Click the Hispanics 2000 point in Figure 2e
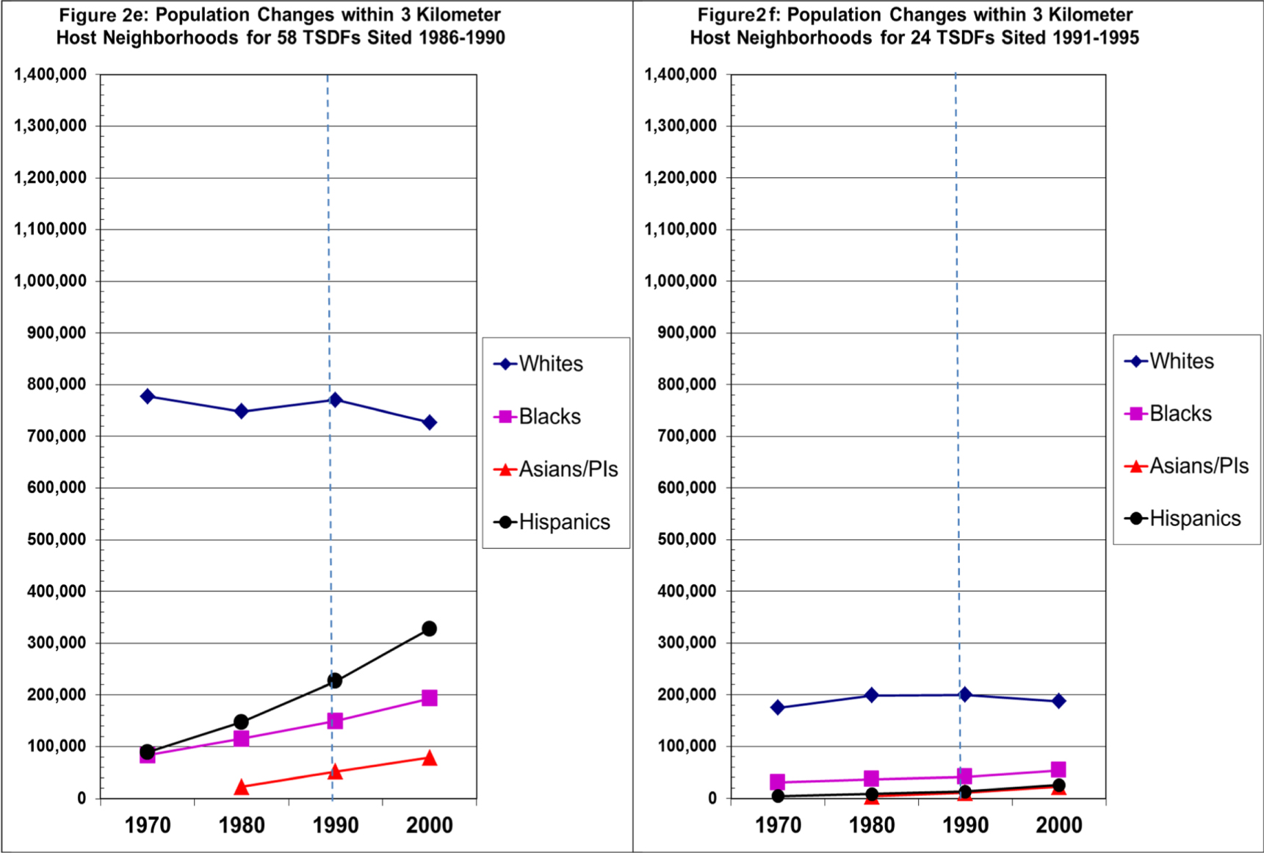click(430, 629)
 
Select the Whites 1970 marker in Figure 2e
click(148, 397)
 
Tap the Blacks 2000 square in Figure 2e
click(430, 698)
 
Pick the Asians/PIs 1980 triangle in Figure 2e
click(241, 787)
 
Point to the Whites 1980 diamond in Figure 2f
click(872, 695)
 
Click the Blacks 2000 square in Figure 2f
click(1058, 770)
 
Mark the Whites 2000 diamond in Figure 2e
click(430, 422)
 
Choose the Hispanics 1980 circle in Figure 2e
click(241, 722)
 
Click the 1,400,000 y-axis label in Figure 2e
click(50, 74)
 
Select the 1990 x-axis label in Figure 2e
click(336, 825)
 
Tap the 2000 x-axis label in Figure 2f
click(1058, 825)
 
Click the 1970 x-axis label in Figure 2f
click(778, 825)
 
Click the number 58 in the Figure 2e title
click(289, 37)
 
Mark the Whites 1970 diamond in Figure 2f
click(778, 708)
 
